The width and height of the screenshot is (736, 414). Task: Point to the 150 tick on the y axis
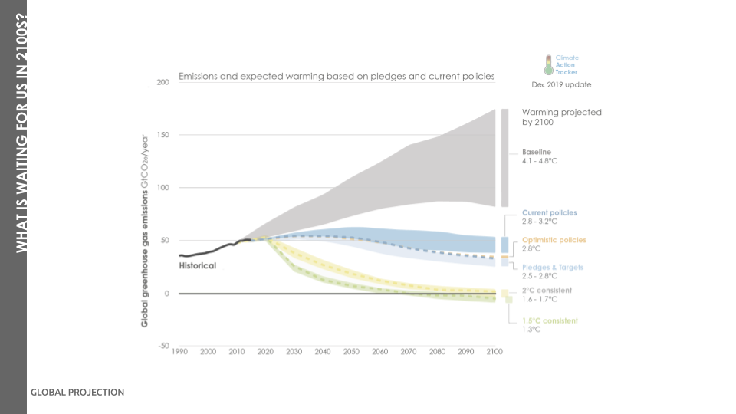click(x=163, y=135)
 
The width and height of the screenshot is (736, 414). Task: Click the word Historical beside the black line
click(x=198, y=265)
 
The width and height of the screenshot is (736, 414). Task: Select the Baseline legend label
click(x=537, y=152)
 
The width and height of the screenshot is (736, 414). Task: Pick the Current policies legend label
click(x=549, y=212)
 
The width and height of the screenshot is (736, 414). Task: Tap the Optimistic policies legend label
click(x=554, y=240)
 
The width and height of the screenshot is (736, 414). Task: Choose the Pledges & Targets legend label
click(x=553, y=268)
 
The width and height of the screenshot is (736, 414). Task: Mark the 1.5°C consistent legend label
click(x=550, y=320)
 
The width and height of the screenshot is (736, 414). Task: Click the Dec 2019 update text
click(x=561, y=84)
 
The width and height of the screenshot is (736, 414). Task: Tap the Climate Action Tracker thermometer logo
click(x=548, y=64)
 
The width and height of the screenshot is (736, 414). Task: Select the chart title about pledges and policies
click(x=337, y=77)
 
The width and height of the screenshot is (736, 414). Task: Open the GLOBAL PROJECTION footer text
click(x=77, y=392)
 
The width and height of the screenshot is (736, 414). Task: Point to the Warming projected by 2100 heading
click(x=561, y=117)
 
